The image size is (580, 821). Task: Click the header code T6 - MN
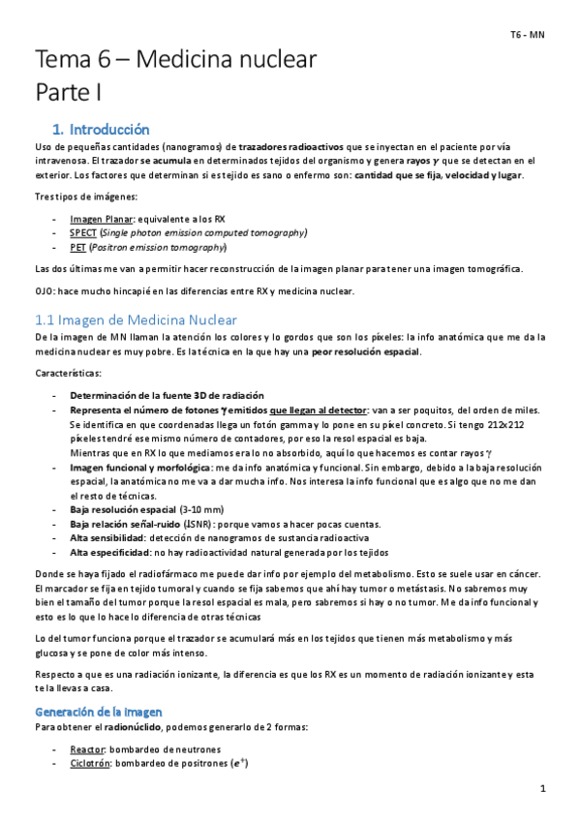point(529,35)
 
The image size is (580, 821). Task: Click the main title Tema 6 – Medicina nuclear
point(175,61)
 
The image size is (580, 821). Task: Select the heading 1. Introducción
point(101,128)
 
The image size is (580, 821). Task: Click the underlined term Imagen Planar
point(102,219)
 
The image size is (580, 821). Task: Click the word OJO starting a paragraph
point(45,292)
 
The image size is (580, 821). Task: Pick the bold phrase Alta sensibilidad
point(107,537)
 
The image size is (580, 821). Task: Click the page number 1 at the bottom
point(543,789)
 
